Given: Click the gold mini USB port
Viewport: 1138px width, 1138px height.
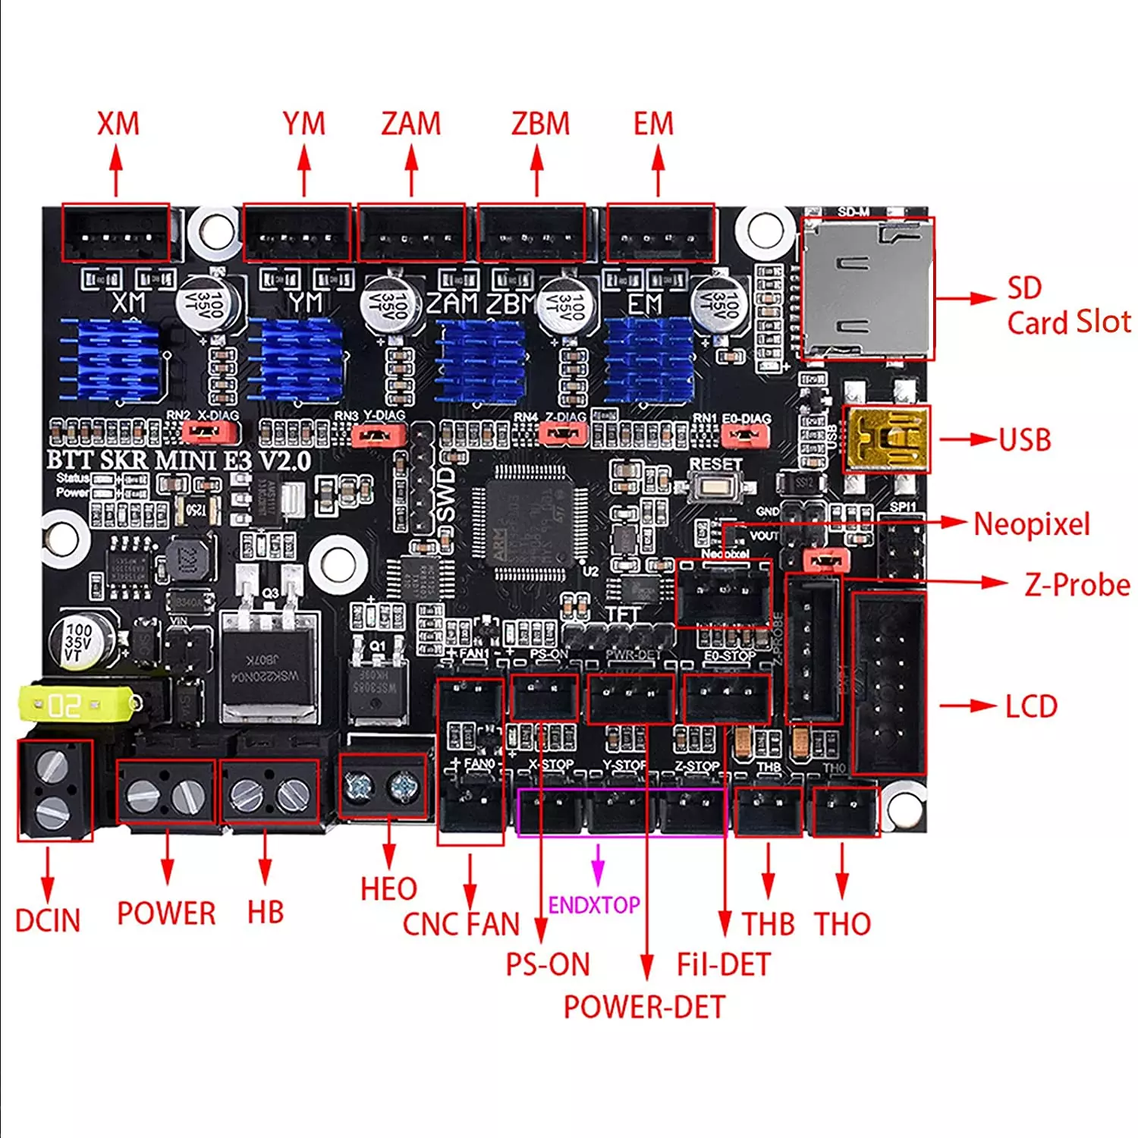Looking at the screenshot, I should [x=886, y=439].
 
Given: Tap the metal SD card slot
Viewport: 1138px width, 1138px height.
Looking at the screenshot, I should [x=867, y=288].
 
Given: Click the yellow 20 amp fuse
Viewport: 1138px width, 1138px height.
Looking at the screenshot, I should [x=76, y=705].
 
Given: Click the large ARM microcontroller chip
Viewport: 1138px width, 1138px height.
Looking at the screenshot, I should [x=530, y=523].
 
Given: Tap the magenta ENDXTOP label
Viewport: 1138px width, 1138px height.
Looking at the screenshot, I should [x=593, y=905].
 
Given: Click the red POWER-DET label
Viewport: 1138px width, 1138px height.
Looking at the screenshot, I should [x=644, y=1007].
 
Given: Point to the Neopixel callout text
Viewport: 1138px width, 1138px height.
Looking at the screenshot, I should [x=1032, y=524].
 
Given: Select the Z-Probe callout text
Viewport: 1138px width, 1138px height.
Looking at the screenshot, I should [x=1077, y=585].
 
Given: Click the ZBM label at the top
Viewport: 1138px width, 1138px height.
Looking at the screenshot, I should [x=540, y=124].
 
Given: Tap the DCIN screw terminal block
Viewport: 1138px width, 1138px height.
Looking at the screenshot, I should [x=55, y=790].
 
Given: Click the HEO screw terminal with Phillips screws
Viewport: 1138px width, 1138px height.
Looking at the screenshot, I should [x=382, y=787].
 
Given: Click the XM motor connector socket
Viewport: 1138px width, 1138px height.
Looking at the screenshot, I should [x=115, y=233].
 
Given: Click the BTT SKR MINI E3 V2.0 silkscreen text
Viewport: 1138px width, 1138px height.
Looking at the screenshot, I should [x=179, y=461].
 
